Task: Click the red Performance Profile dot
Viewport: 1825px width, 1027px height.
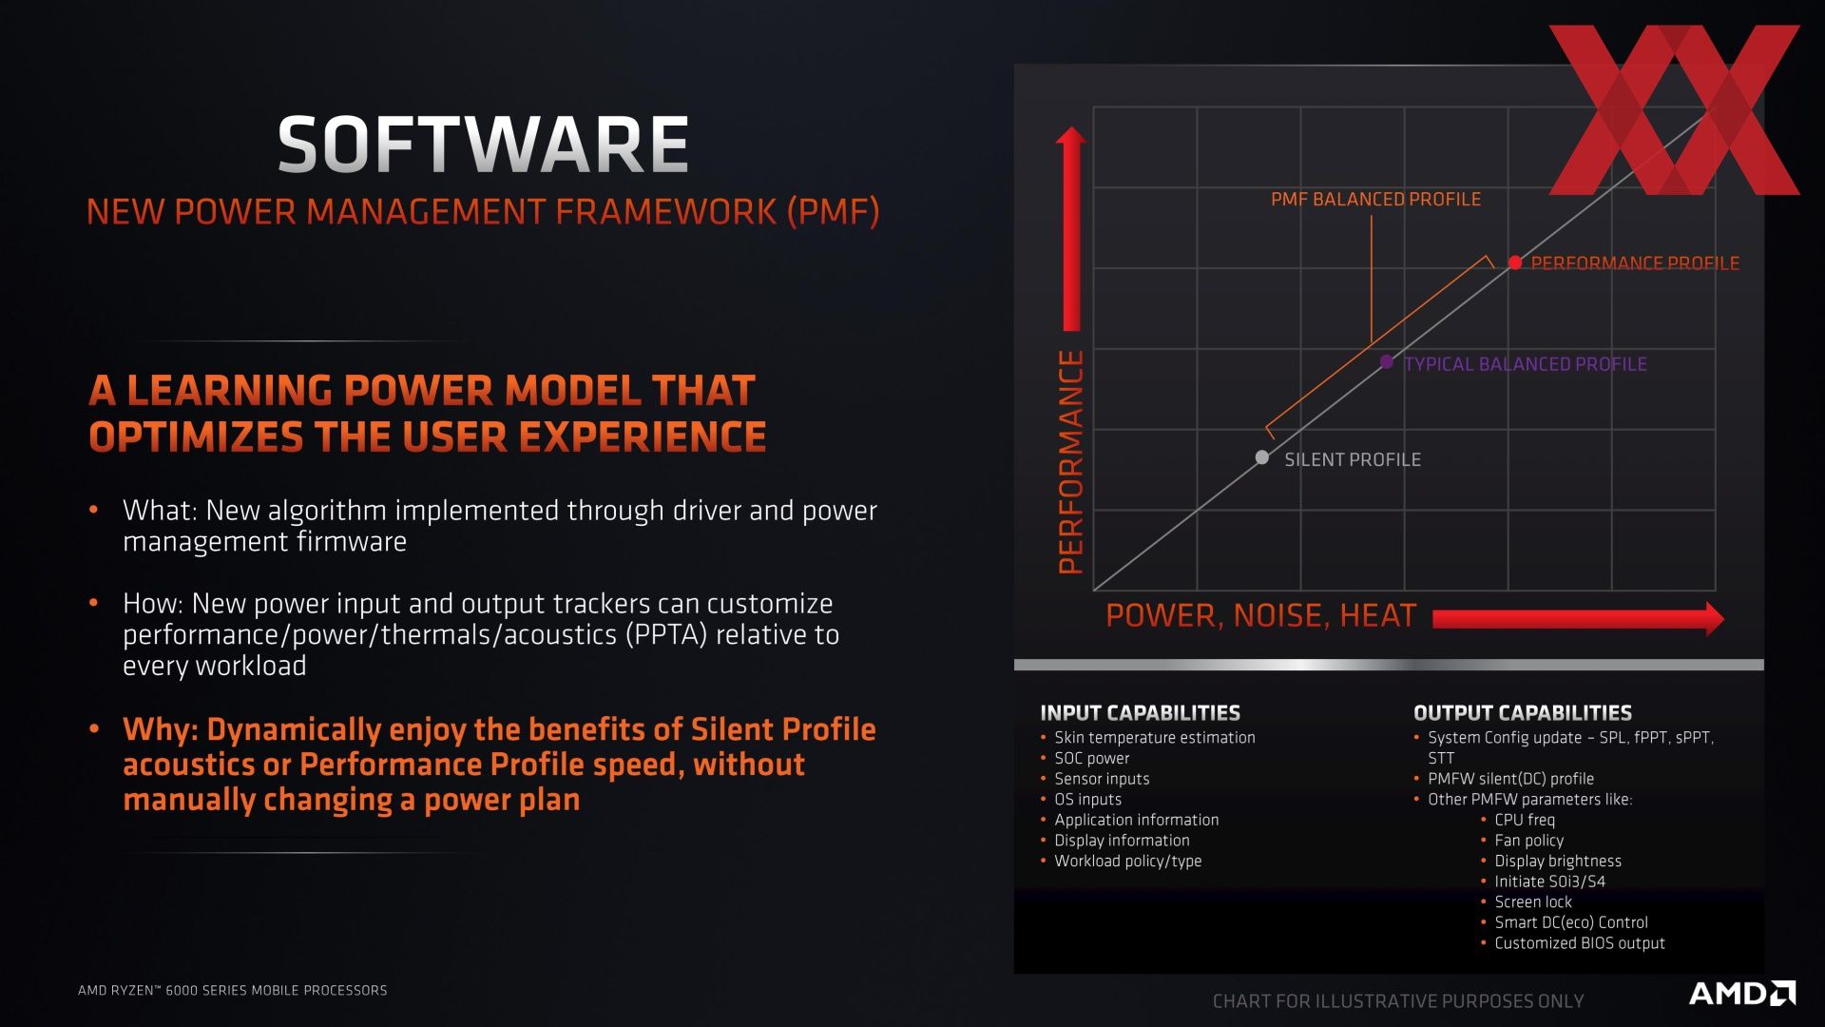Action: tap(1515, 262)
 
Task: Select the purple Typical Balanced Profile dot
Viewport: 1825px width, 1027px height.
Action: tap(1387, 362)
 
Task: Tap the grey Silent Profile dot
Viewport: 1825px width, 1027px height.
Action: tap(1262, 457)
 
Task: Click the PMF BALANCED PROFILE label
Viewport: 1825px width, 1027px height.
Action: tap(1375, 199)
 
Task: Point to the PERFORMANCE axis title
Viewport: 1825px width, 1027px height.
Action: tap(1071, 462)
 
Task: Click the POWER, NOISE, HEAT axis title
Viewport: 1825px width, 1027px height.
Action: tap(1261, 615)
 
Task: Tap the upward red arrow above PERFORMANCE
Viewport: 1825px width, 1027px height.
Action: tap(1071, 228)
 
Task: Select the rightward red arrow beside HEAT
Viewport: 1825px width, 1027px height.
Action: tap(1579, 619)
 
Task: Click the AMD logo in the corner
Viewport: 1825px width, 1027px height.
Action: tap(1742, 994)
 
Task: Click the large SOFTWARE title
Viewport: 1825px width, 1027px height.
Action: tap(483, 145)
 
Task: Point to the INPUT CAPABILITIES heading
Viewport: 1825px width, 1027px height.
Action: tap(1140, 713)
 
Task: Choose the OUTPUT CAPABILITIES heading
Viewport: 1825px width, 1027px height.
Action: tap(1523, 713)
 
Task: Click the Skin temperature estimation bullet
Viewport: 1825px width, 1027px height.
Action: tap(1154, 738)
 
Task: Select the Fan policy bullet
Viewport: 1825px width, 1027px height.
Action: tap(1528, 841)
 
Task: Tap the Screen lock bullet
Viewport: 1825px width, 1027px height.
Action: tap(1533, 902)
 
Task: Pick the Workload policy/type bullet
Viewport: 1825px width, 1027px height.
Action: tap(1127, 862)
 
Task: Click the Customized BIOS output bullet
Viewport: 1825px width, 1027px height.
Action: tap(1580, 943)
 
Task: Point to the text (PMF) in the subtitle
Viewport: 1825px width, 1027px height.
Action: tap(834, 211)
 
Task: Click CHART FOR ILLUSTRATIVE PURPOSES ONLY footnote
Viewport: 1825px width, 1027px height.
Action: tap(1398, 1001)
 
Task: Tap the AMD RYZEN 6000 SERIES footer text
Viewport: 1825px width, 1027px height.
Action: tap(233, 990)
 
